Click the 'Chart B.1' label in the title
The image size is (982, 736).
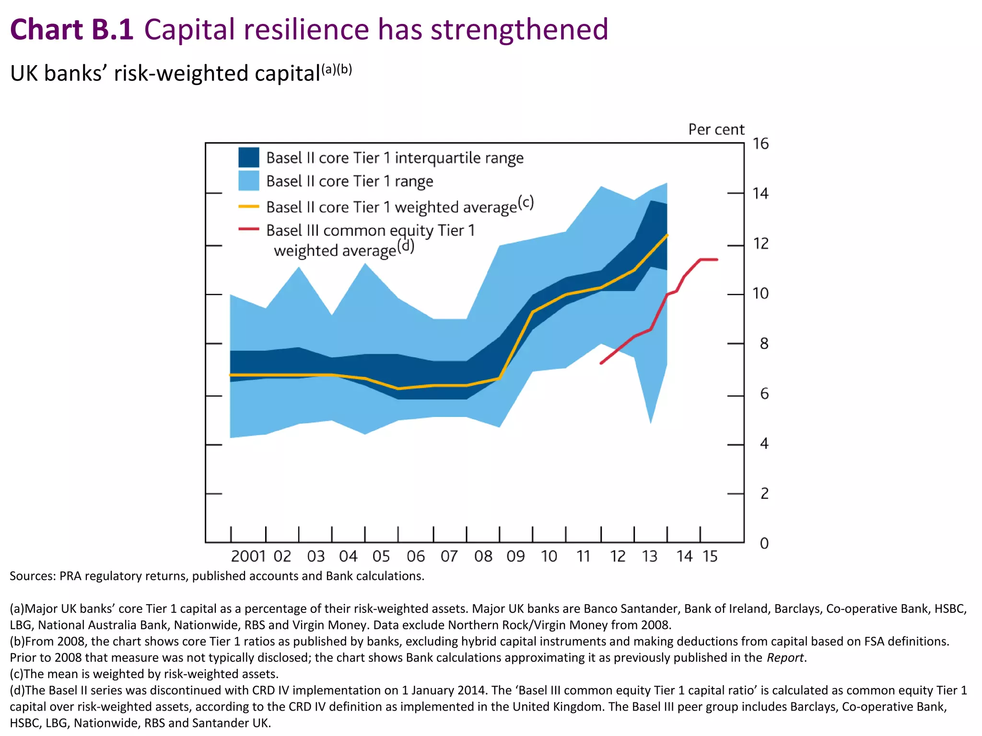(x=72, y=30)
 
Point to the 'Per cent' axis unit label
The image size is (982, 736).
(x=716, y=129)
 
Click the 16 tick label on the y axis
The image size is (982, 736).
(x=760, y=144)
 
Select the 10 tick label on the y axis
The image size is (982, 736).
(x=760, y=293)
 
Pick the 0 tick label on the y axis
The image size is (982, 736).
(x=764, y=543)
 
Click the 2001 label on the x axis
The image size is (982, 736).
(x=248, y=556)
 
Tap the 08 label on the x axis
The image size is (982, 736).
(x=483, y=556)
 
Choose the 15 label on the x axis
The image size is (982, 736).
(x=710, y=556)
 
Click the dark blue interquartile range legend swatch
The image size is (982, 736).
(x=249, y=157)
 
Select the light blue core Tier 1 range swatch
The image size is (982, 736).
(x=249, y=181)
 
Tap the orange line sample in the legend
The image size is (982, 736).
(x=249, y=207)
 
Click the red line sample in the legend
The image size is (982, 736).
(x=249, y=230)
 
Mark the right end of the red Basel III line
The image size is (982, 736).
(x=717, y=260)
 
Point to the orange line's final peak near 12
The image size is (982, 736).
(x=667, y=235)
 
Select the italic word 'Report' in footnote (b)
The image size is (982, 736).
(x=785, y=657)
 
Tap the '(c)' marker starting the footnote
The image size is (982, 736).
(x=16, y=674)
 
